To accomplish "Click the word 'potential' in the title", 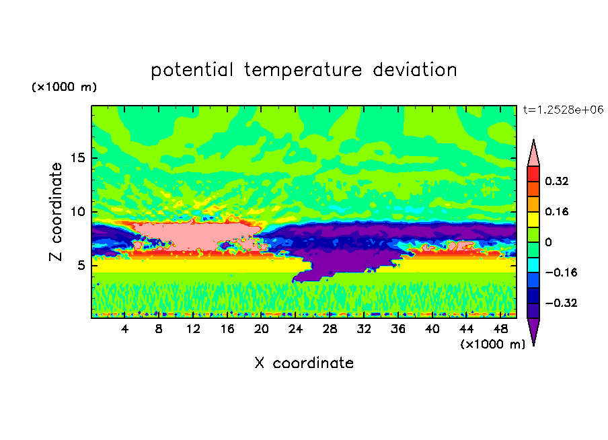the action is [x=192, y=70].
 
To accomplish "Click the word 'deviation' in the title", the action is [x=415, y=70].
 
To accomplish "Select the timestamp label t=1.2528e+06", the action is [x=563, y=110].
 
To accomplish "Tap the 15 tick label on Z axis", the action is [x=78, y=158].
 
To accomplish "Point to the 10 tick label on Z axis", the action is [x=78, y=212].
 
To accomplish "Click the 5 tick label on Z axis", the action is [x=81, y=266].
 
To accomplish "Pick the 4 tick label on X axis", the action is [x=124, y=329].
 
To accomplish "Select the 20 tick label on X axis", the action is [x=261, y=329].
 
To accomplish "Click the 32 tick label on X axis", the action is [x=364, y=329].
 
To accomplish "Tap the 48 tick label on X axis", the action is [x=500, y=329].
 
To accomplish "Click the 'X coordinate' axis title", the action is [x=304, y=363].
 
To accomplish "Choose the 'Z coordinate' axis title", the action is [x=56, y=212].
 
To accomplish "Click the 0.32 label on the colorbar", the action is [x=556, y=181].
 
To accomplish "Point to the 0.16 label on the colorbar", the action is [x=556, y=212].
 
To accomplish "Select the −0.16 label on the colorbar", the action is [x=561, y=272].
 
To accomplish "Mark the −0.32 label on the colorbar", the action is [x=561, y=303].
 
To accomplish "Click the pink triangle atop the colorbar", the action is [x=533, y=155].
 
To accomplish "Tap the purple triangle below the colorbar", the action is [x=533, y=329].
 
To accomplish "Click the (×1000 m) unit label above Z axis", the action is [x=64, y=87].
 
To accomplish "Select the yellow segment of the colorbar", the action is [x=533, y=219].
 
